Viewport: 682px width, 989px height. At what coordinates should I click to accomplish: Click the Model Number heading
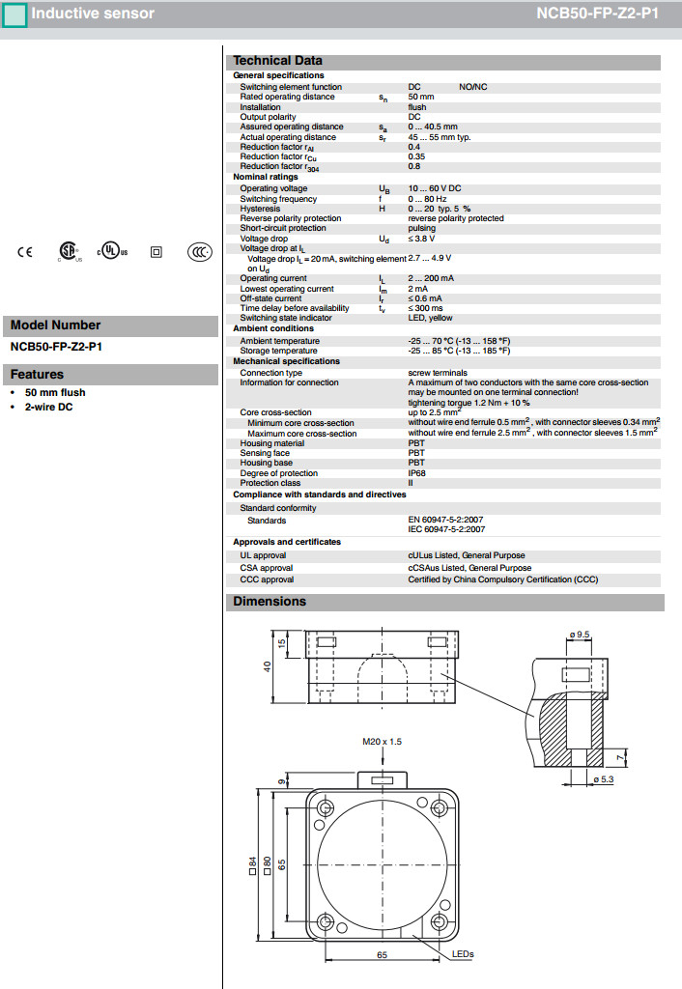pyautogui.click(x=55, y=325)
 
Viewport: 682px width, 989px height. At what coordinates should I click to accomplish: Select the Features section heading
pyautogui.click(x=37, y=375)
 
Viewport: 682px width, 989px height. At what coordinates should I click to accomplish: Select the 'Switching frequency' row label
pyautogui.click(x=278, y=199)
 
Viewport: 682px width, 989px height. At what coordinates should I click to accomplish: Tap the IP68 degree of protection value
pyautogui.click(x=417, y=473)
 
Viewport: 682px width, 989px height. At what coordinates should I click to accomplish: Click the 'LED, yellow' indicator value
pyautogui.click(x=430, y=318)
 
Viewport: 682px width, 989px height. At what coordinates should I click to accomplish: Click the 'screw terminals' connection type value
pyautogui.click(x=438, y=373)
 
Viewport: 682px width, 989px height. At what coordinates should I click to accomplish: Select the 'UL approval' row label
pyautogui.click(x=263, y=555)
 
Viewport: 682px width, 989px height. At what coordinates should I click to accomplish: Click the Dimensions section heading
pyautogui.click(x=270, y=602)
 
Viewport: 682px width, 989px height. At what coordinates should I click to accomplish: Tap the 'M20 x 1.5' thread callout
pyautogui.click(x=382, y=742)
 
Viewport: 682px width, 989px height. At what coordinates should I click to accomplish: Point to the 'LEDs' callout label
pyautogui.click(x=463, y=954)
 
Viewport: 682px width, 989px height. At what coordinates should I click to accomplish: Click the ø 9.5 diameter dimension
pyautogui.click(x=580, y=634)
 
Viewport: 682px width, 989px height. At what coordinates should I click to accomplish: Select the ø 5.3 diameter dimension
pyautogui.click(x=602, y=778)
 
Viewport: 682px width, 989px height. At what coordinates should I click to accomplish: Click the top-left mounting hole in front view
pyautogui.click(x=326, y=808)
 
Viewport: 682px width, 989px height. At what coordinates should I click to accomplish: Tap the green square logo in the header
pyautogui.click(x=14, y=14)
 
